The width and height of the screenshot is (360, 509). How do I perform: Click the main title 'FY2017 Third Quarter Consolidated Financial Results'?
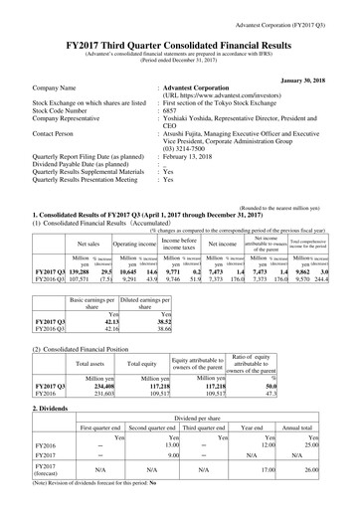click(180, 31)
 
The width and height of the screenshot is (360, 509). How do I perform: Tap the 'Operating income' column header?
click(133, 213)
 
